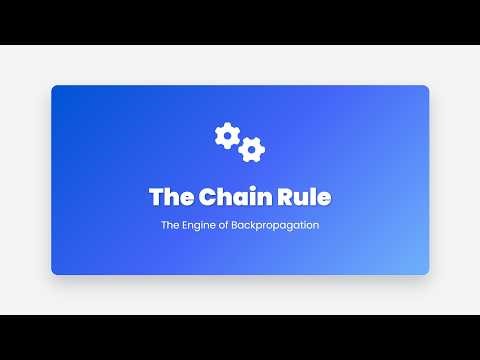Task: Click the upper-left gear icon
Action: [227, 135]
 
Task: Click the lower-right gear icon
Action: [252, 150]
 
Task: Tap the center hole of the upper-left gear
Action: [227, 135]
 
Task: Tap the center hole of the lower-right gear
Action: [252, 150]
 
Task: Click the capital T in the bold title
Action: [156, 197]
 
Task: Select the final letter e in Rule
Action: [324, 198]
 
